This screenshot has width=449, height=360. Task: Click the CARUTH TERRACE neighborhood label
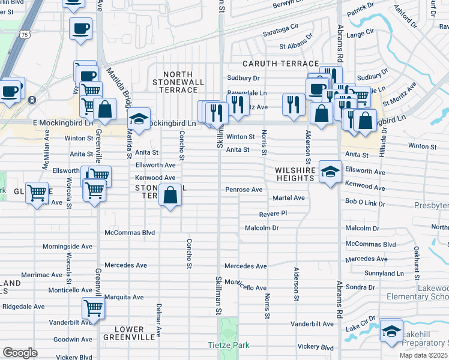(280, 64)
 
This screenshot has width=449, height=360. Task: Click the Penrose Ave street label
(244, 190)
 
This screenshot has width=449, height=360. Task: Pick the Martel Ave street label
(289, 198)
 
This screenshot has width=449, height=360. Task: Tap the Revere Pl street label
(273, 214)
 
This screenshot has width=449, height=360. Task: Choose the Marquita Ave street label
(124, 297)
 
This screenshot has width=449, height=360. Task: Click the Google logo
(20, 353)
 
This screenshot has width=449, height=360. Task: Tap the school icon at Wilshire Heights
(330, 172)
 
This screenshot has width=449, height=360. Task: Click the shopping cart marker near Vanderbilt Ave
(93, 308)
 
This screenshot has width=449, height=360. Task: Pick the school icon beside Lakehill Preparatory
(391, 331)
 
